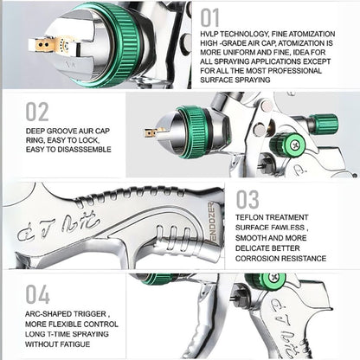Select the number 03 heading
click(x=247, y=201)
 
